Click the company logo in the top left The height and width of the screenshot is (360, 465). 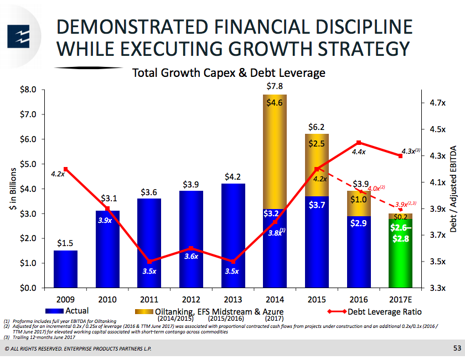click(19, 36)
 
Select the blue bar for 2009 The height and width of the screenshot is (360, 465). click(65, 269)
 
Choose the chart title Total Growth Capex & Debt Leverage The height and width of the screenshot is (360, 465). click(228, 73)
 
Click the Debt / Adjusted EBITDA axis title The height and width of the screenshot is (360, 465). click(453, 188)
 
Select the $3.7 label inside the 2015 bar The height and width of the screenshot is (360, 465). click(316, 205)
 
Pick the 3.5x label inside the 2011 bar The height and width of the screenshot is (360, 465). click(149, 272)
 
